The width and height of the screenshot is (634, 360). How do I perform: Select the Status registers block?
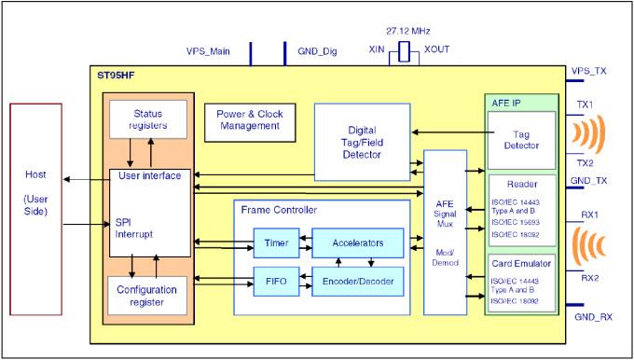142,119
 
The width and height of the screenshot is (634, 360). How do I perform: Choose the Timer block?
276,242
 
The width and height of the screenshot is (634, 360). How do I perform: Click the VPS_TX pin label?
596,70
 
